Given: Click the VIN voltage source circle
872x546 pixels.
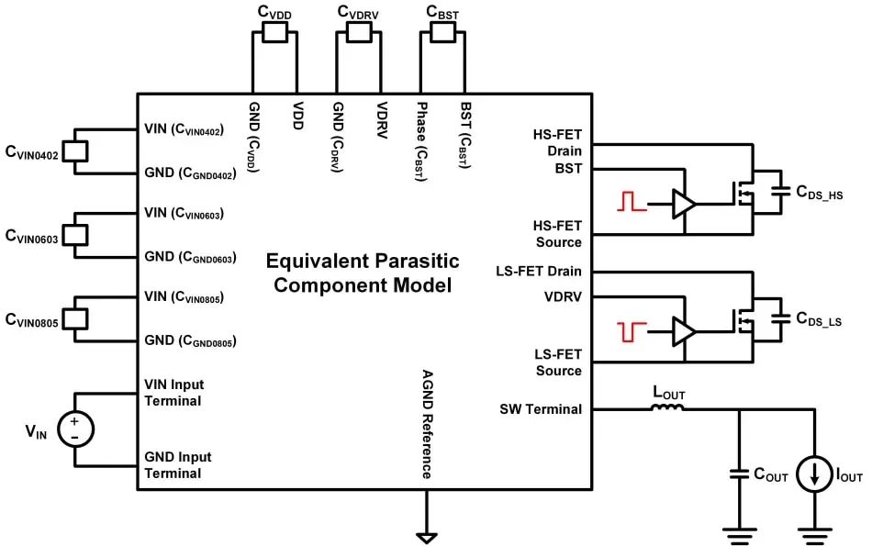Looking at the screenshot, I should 74,429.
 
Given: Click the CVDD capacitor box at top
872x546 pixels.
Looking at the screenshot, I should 274,33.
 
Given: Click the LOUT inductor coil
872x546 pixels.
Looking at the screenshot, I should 666,408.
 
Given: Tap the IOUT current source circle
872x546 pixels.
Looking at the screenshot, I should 813,475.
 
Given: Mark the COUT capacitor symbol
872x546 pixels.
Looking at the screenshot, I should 739,475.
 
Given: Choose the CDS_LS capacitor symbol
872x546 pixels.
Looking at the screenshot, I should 781,320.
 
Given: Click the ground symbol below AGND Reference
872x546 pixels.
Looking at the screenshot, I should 425,536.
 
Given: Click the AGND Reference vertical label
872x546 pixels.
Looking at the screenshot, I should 427,424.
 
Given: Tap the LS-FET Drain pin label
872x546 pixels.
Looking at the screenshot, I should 538,271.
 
